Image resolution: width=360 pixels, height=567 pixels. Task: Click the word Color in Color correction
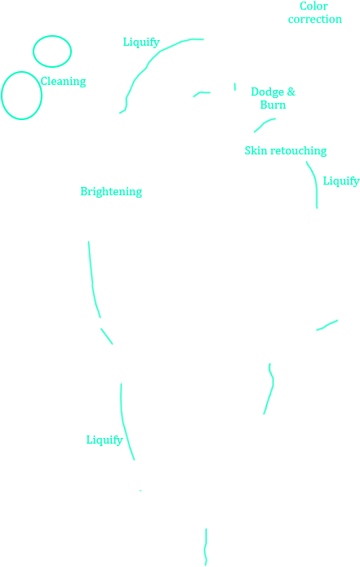[313, 7]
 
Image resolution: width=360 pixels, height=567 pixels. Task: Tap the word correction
[314, 20]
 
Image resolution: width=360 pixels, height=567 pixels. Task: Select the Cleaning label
[63, 81]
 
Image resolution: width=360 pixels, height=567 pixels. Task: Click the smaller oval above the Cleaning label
[52, 51]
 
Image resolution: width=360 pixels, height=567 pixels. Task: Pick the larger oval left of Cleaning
[21, 96]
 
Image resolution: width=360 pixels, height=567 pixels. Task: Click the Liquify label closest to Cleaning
[141, 42]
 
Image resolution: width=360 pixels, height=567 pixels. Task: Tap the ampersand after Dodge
[291, 92]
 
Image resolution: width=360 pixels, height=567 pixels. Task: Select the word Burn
[273, 105]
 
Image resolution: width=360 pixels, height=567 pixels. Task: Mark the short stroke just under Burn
[264, 124]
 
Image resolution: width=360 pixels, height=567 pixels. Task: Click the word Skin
[256, 150]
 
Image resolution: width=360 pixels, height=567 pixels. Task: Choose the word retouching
[298, 150]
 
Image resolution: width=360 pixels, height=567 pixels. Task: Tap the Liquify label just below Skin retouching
[340, 181]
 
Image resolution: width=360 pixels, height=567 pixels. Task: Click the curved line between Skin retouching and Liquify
[313, 181]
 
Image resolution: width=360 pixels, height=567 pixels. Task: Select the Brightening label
[111, 191]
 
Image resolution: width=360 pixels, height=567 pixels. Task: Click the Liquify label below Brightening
[104, 440]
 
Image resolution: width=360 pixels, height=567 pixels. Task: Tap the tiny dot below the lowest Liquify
[140, 490]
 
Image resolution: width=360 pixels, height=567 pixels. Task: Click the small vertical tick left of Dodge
[235, 86]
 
